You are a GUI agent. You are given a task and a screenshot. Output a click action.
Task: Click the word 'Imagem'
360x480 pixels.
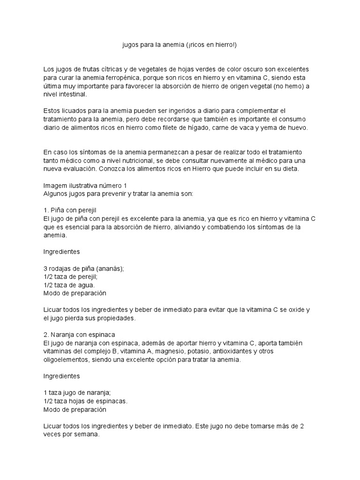pos(55,185)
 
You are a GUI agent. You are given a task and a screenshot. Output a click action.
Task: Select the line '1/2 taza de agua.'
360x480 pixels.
pos(69,285)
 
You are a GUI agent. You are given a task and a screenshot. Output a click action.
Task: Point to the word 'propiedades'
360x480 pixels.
pos(114,318)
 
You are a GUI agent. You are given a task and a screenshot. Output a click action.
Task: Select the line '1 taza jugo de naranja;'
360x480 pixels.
pos(76,393)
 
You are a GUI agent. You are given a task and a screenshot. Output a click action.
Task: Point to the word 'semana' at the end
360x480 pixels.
pos(86,435)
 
